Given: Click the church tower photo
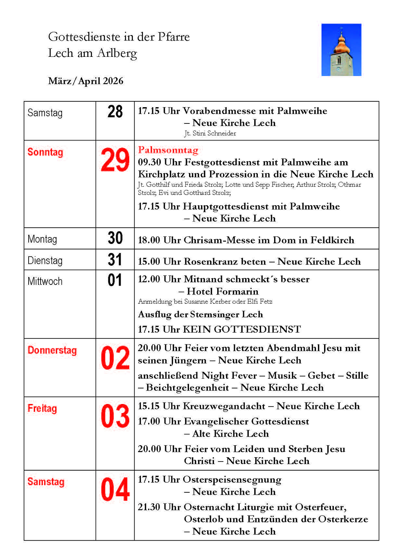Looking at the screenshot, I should click(x=341, y=50).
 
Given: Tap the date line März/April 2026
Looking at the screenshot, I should click(x=85, y=81).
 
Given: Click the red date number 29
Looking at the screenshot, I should click(x=115, y=160).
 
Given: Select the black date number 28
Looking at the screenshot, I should click(x=115, y=111).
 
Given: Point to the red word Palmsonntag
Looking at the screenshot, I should click(x=168, y=150).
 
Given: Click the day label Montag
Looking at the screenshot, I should click(x=42, y=239).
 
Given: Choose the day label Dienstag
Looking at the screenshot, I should click(x=45, y=261).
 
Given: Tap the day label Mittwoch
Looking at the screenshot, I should click(x=45, y=281).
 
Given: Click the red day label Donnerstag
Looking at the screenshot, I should click(x=52, y=350).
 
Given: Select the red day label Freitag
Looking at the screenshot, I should click(x=42, y=409).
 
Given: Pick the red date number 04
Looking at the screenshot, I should click(x=115, y=490).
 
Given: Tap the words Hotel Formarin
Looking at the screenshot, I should click(x=223, y=291).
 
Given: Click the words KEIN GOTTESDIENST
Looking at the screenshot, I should click(x=242, y=329).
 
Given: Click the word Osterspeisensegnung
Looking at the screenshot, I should click(x=232, y=480).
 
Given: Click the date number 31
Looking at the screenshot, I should click(x=115, y=260).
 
